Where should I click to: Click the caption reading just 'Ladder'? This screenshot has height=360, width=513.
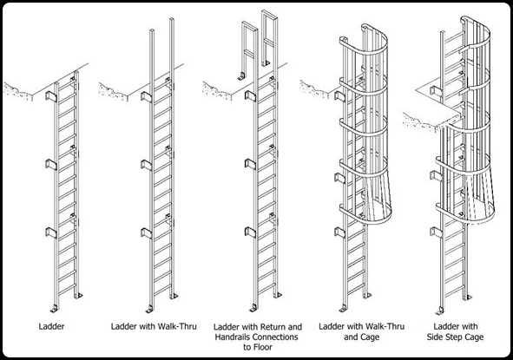[x=51, y=326]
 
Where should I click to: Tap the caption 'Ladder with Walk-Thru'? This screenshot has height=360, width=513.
[x=154, y=326]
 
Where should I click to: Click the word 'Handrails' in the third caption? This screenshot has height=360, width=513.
[x=233, y=337]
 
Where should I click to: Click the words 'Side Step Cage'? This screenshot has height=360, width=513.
[x=455, y=337]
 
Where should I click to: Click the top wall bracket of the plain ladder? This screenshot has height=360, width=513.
[x=50, y=96]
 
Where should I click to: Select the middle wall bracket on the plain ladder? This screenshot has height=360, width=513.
[x=50, y=165]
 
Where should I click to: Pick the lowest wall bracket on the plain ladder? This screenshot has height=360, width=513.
[x=50, y=232]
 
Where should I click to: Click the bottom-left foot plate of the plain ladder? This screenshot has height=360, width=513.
[x=54, y=308]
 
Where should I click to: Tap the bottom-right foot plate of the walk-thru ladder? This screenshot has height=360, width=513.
[x=174, y=296]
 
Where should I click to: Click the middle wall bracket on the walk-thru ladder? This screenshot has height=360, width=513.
[x=146, y=165]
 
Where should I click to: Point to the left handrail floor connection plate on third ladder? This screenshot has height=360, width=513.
[x=241, y=76]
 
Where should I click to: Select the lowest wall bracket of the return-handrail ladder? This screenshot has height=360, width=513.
[x=250, y=232]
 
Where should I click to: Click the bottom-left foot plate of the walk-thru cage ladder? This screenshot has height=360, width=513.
[x=343, y=308]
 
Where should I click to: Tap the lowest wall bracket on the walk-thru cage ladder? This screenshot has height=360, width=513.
[x=339, y=232]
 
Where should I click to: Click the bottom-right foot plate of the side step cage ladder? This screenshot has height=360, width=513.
[x=467, y=298]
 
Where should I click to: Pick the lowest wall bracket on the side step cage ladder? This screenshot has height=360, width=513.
[x=435, y=232]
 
